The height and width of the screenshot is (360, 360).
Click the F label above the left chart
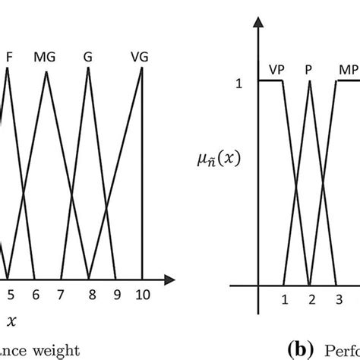8,56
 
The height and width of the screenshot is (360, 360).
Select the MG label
44,56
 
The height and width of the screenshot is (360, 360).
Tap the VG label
140,56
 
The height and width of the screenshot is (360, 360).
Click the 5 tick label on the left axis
11,295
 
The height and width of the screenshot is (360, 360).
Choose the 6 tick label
36,295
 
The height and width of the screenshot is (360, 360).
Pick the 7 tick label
63,295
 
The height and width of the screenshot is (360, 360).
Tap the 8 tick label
90,295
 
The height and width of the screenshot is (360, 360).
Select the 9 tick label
116,295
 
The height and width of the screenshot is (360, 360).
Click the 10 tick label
142,295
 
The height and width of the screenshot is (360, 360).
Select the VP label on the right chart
276,69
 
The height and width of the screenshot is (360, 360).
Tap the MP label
347,69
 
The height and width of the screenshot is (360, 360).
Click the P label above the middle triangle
309,69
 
